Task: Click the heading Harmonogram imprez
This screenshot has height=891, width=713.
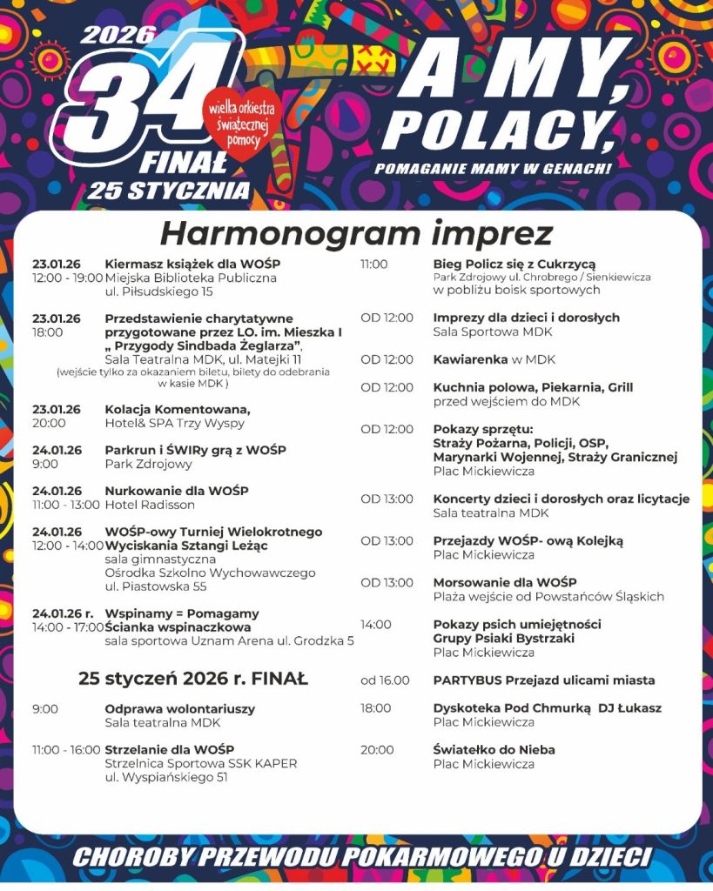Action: pos(356,233)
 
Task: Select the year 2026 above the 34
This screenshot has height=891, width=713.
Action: pos(118,35)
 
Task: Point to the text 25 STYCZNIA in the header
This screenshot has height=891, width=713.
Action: pos(168,190)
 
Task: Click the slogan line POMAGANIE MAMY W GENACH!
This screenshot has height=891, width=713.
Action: pos(493,168)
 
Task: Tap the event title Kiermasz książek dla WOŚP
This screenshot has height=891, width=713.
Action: pos(192,264)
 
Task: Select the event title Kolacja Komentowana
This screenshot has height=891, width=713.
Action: pos(178,409)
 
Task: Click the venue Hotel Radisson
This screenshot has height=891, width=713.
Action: pos(150,505)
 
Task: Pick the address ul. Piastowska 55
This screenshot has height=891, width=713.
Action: pos(155,587)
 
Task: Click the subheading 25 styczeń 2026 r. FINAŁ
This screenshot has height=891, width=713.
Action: pos(192,679)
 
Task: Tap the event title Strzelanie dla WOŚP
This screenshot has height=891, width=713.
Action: pos(169,749)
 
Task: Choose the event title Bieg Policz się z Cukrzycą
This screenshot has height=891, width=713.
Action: pos(514,264)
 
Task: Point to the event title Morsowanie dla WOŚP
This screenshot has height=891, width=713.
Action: pos(505,582)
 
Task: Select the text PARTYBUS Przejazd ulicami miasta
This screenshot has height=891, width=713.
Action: pos(544,680)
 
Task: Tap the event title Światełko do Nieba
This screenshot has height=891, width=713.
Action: pos(494,749)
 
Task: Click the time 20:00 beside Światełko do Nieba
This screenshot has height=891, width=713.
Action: pos(377,749)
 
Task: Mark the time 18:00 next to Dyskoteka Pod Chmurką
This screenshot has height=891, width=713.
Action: pos(376,708)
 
